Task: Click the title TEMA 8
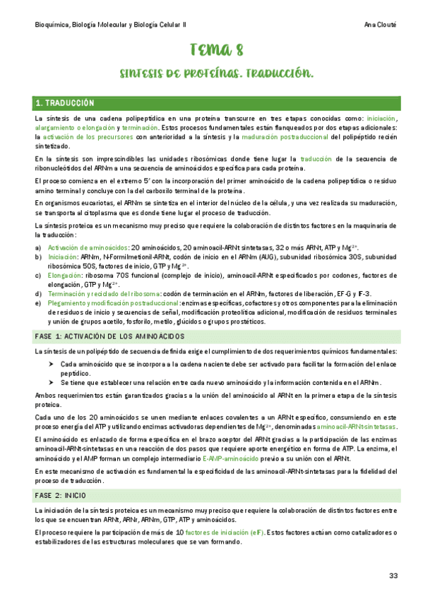218,49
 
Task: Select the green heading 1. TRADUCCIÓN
69,104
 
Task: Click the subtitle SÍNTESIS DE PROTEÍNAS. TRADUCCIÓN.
217,73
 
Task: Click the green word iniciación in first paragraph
381,119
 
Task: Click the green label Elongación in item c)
64,275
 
